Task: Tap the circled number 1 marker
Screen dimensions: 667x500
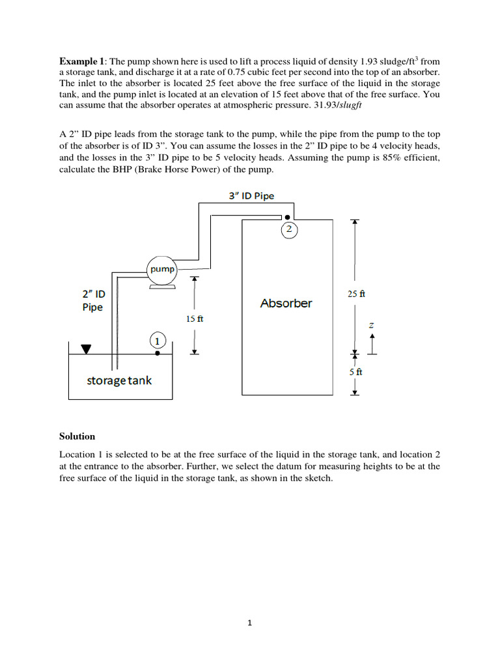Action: pyautogui.click(x=158, y=339)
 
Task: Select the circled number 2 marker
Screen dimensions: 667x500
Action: pyautogui.click(x=287, y=229)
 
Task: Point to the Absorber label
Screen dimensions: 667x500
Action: pyautogui.click(x=286, y=303)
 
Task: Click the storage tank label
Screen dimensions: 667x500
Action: pyautogui.click(x=119, y=380)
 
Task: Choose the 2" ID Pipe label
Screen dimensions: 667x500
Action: pyautogui.click(x=92, y=300)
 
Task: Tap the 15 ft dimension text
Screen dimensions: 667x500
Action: pyautogui.click(x=195, y=319)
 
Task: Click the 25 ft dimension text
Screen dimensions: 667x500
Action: pyautogui.click(x=357, y=294)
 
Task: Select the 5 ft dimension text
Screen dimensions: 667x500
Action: pyautogui.click(x=355, y=372)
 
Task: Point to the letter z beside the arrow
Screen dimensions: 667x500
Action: pyautogui.click(x=371, y=324)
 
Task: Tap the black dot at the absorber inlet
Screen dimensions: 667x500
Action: pyautogui.click(x=287, y=218)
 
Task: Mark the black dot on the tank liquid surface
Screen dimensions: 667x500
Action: pyautogui.click(x=158, y=354)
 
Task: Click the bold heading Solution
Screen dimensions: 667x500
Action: pyautogui.click(x=77, y=436)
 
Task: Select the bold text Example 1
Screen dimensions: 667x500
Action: pyautogui.click(x=81, y=61)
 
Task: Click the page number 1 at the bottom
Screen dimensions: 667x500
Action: pyautogui.click(x=250, y=623)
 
